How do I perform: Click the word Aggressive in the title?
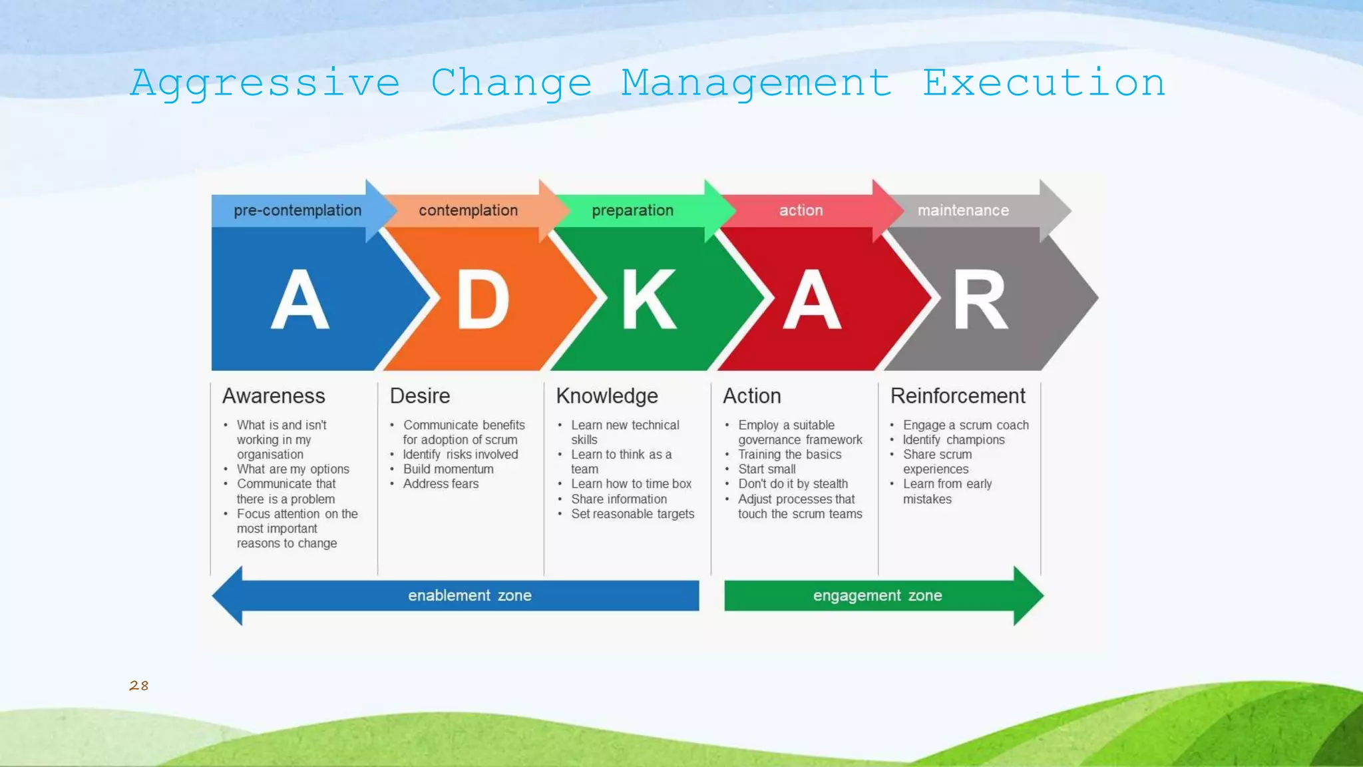point(265,84)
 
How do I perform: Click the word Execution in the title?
point(1043,84)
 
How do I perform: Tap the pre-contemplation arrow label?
point(297,210)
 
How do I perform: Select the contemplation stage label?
point(468,210)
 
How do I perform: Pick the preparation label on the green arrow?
point(632,210)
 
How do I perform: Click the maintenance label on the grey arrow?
point(963,210)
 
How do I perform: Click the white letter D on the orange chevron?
point(483,300)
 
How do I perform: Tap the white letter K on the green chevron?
point(649,300)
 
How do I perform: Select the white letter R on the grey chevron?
point(980,300)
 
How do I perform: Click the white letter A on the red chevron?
point(812,300)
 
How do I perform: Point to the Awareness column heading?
point(274,396)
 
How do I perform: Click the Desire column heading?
point(420,396)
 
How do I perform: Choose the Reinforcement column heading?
point(958,396)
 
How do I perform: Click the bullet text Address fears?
point(441,484)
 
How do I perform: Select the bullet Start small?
point(767,469)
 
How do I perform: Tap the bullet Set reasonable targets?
point(632,514)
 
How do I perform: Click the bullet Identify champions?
point(954,440)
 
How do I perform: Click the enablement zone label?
point(470,595)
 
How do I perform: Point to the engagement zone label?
point(877,595)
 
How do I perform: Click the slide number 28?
point(138,686)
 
